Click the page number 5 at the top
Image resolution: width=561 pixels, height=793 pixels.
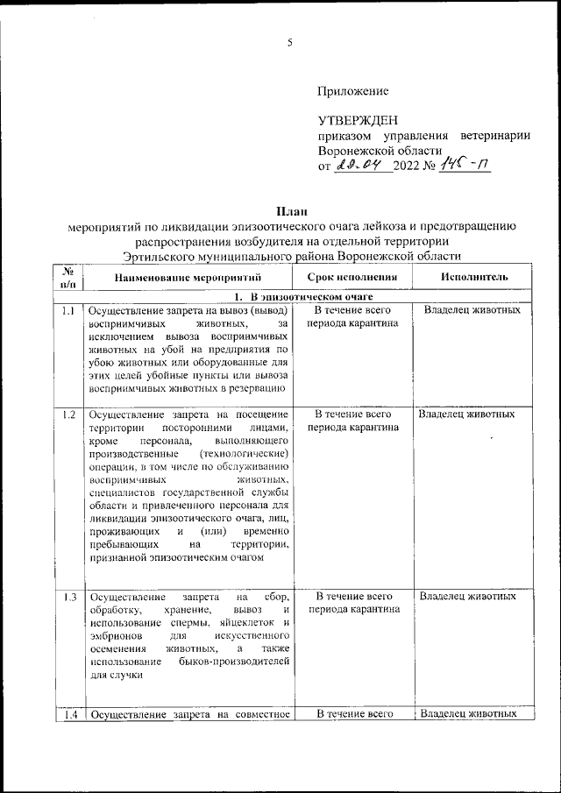click(x=289, y=44)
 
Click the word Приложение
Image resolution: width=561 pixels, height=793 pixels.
click(x=352, y=90)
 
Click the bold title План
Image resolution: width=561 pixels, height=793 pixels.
click(x=290, y=210)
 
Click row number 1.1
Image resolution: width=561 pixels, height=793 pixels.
click(x=69, y=310)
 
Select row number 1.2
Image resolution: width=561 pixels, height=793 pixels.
click(x=69, y=414)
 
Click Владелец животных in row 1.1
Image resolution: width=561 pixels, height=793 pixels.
click(x=472, y=310)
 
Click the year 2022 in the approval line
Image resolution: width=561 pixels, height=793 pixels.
click(x=408, y=166)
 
